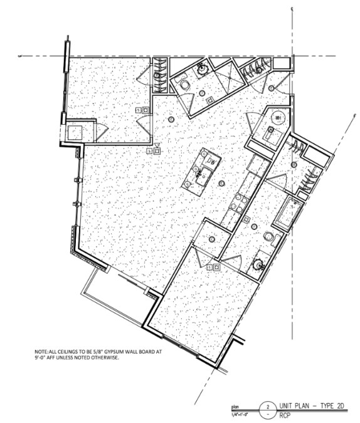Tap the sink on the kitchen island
(x=201, y=174)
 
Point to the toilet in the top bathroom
(x=184, y=83)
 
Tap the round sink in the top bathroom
(x=202, y=68)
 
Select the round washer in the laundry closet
(x=277, y=117)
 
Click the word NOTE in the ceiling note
(x=43, y=352)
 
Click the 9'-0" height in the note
(x=43, y=359)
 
